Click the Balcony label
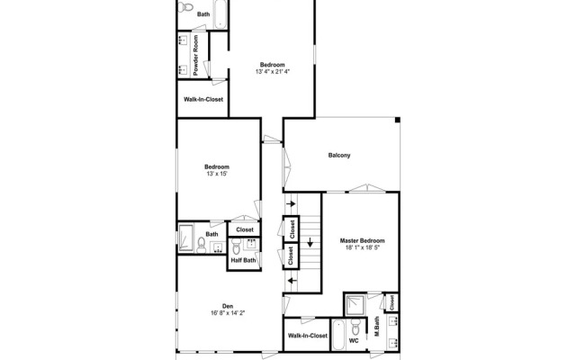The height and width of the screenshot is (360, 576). pyautogui.click(x=339, y=156)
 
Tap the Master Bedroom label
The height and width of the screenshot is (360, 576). pyautogui.click(x=362, y=241)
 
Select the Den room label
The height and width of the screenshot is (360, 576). pyautogui.click(x=228, y=306)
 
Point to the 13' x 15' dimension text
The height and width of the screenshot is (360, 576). pyautogui.click(x=217, y=174)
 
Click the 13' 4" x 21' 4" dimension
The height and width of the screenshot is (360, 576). pyautogui.click(x=273, y=72)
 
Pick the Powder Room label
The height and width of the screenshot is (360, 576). pyautogui.click(x=195, y=56)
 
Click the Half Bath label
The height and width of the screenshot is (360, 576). pyautogui.click(x=243, y=260)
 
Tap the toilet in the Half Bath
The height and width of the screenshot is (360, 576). pyautogui.click(x=236, y=247)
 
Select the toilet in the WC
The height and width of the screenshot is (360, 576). pyautogui.click(x=355, y=326)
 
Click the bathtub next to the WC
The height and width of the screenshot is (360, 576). pyautogui.click(x=338, y=335)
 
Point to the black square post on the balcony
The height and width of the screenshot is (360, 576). pyautogui.click(x=398, y=120)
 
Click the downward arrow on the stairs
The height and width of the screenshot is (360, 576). pyautogui.click(x=310, y=242)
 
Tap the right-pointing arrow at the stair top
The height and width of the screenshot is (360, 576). pyautogui.click(x=292, y=203)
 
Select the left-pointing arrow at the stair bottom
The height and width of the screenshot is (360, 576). pyautogui.click(x=292, y=281)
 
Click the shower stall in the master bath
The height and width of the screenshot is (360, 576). pyautogui.click(x=355, y=304)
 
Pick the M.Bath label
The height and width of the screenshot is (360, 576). pyautogui.click(x=376, y=326)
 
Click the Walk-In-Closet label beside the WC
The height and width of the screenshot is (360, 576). pyautogui.click(x=308, y=336)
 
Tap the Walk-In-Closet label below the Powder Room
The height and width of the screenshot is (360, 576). pyautogui.click(x=203, y=100)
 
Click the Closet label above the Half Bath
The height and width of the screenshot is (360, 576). pyautogui.click(x=245, y=230)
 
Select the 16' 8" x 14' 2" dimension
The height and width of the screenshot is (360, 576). pyautogui.click(x=228, y=313)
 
